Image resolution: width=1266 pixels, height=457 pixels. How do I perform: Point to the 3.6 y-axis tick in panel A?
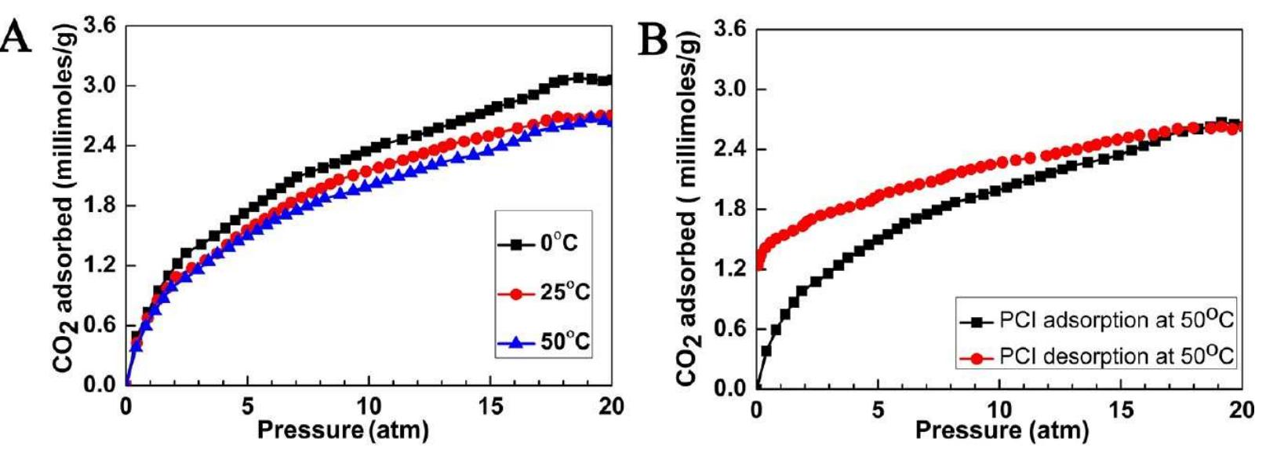[x=99, y=26]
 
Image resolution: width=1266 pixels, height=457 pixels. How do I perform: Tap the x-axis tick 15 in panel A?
[x=490, y=407]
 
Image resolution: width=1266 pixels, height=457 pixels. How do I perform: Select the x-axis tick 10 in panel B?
[x=999, y=410]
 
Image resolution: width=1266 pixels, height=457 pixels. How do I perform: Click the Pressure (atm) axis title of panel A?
[x=343, y=430]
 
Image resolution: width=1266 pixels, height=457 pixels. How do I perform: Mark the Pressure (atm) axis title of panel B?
[x=1002, y=431]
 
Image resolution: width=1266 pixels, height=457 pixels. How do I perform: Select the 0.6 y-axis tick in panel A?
[x=99, y=325]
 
